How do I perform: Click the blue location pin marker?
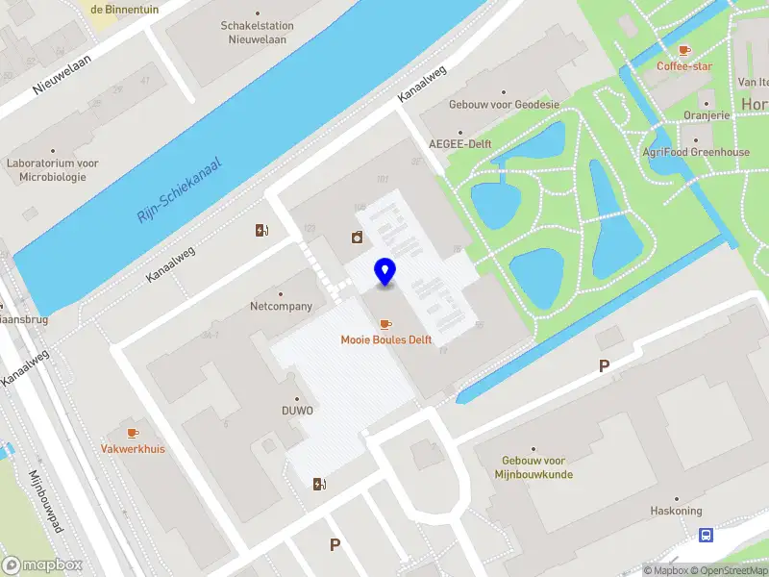click(385, 272)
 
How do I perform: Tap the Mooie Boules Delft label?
click(386, 339)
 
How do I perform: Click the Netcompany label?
click(281, 306)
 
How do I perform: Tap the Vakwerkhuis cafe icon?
click(132, 433)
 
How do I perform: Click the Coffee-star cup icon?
click(684, 50)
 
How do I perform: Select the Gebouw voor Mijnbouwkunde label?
click(534, 467)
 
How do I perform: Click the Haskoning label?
click(676, 511)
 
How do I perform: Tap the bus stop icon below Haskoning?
click(707, 536)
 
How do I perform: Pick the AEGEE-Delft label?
click(460, 144)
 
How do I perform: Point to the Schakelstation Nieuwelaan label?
click(260, 33)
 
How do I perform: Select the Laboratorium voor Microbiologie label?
click(53, 170)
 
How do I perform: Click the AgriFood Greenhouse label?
click(696, 152)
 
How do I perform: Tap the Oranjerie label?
click(707, 115)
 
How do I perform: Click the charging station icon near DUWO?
click(318, 484)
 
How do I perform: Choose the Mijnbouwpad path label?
click(45, 501)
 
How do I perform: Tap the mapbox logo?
click(42, 565)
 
